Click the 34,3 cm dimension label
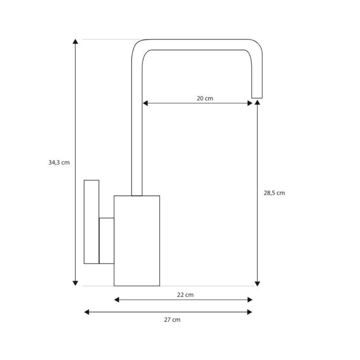click(x=59, y=163)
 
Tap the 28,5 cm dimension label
click(x=274, y=193)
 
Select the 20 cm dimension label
click(x=205, y=99)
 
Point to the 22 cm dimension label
click(x=185, y=295)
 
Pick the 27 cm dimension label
click(x=172, y=320)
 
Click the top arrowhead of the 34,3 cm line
click(x=75, y=41)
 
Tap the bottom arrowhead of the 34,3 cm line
click(x=75, y=283)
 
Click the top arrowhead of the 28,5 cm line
click(x=257, y=102)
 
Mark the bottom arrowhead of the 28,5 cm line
click(x=257, y=284)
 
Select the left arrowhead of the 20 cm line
click(x=145, y=103)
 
